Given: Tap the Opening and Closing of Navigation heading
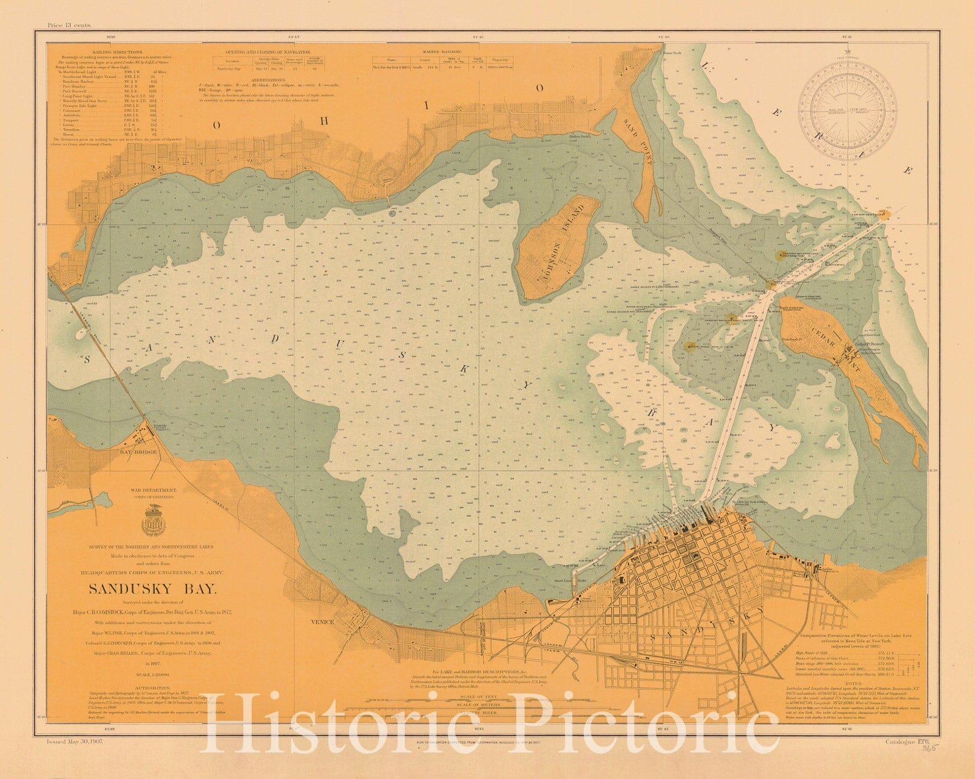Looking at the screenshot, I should [268, 53].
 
